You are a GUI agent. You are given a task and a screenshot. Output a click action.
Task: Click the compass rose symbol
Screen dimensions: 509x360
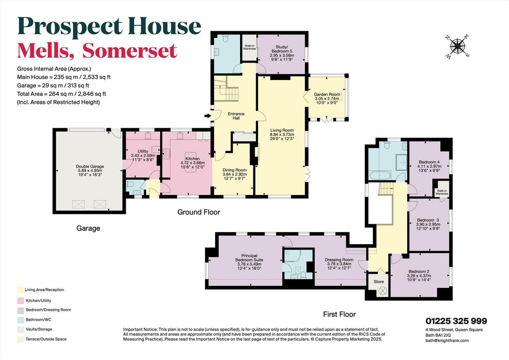(x=457, y=46)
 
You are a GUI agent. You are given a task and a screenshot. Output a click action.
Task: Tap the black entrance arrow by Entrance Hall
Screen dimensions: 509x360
(x=207, y=115)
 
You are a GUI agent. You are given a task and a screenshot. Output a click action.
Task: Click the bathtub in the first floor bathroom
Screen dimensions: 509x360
(x=381, y=176)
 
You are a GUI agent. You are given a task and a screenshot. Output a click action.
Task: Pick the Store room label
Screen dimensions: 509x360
(x=378, y=281)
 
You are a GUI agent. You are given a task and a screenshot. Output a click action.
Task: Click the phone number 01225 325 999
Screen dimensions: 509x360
(x=456, y=321)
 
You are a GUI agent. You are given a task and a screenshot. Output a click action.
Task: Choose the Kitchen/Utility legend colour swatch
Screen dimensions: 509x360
(x=20, y=301)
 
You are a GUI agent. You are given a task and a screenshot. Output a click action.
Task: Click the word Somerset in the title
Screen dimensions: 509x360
(x=130, y=51)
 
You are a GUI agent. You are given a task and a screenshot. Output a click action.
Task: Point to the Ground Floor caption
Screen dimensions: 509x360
(x=199, y=212)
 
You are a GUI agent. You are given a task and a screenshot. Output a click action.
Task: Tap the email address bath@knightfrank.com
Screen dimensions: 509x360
(x=447, y=341)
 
